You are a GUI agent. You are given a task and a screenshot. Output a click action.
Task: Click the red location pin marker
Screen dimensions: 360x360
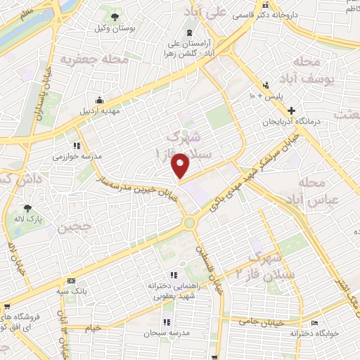point(181,165)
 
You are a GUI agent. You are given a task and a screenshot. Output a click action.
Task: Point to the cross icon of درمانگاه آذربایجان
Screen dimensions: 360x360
point(291,110)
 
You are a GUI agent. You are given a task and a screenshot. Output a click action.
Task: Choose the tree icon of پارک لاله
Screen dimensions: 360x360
point(27,208)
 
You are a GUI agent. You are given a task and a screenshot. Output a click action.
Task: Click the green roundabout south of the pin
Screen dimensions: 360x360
point(189,223)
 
